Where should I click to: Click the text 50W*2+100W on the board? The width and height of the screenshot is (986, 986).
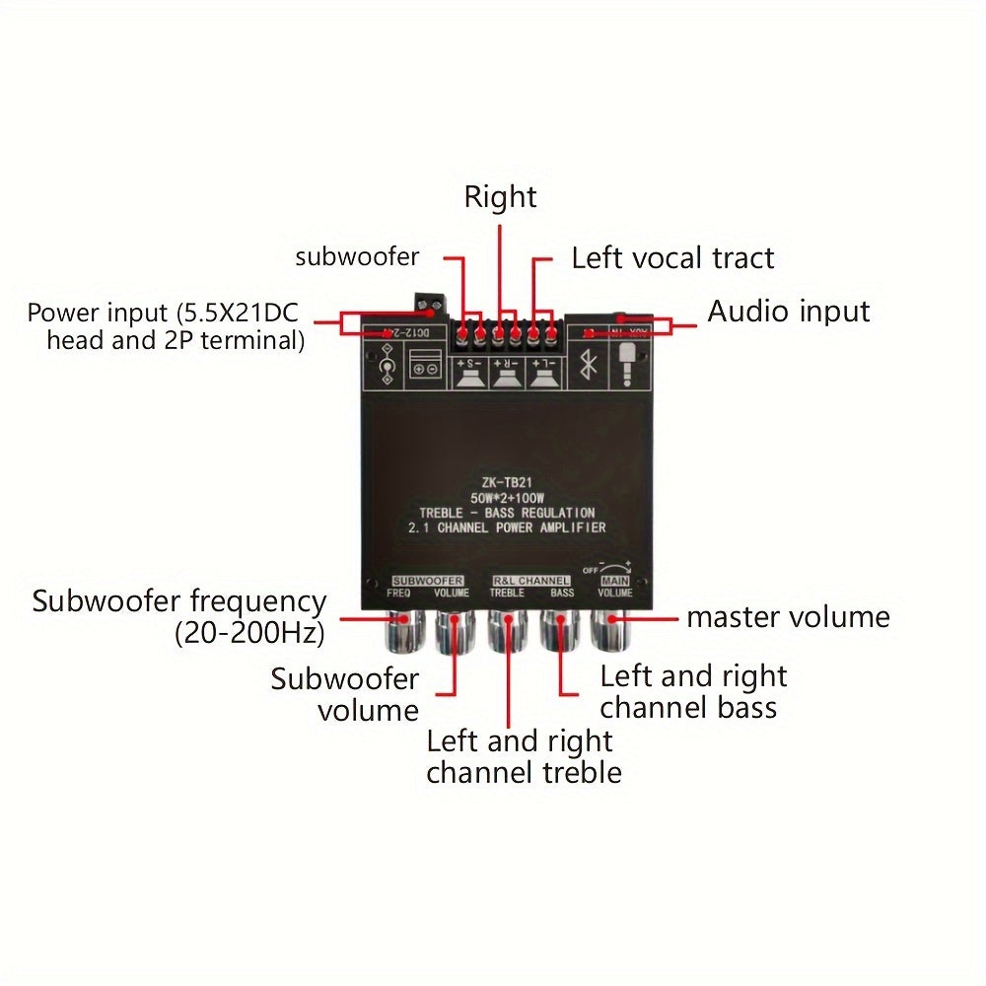coord(506,498)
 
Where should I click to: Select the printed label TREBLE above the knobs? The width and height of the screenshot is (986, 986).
coord(507,594)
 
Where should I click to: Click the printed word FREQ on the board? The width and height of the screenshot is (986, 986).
coord(399,594)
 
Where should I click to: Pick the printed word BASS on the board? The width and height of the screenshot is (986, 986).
coord(562,594)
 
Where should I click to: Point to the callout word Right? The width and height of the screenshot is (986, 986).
coord(501,197)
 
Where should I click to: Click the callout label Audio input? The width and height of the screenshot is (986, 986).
coord(789,312)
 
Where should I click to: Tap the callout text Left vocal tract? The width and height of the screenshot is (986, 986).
coord(672,258)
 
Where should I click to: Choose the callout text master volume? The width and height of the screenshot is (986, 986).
coord(788,617)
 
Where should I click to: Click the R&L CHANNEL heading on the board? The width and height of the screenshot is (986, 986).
coord(529,581)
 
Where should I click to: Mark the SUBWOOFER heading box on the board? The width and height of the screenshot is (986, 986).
coord(427,581)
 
